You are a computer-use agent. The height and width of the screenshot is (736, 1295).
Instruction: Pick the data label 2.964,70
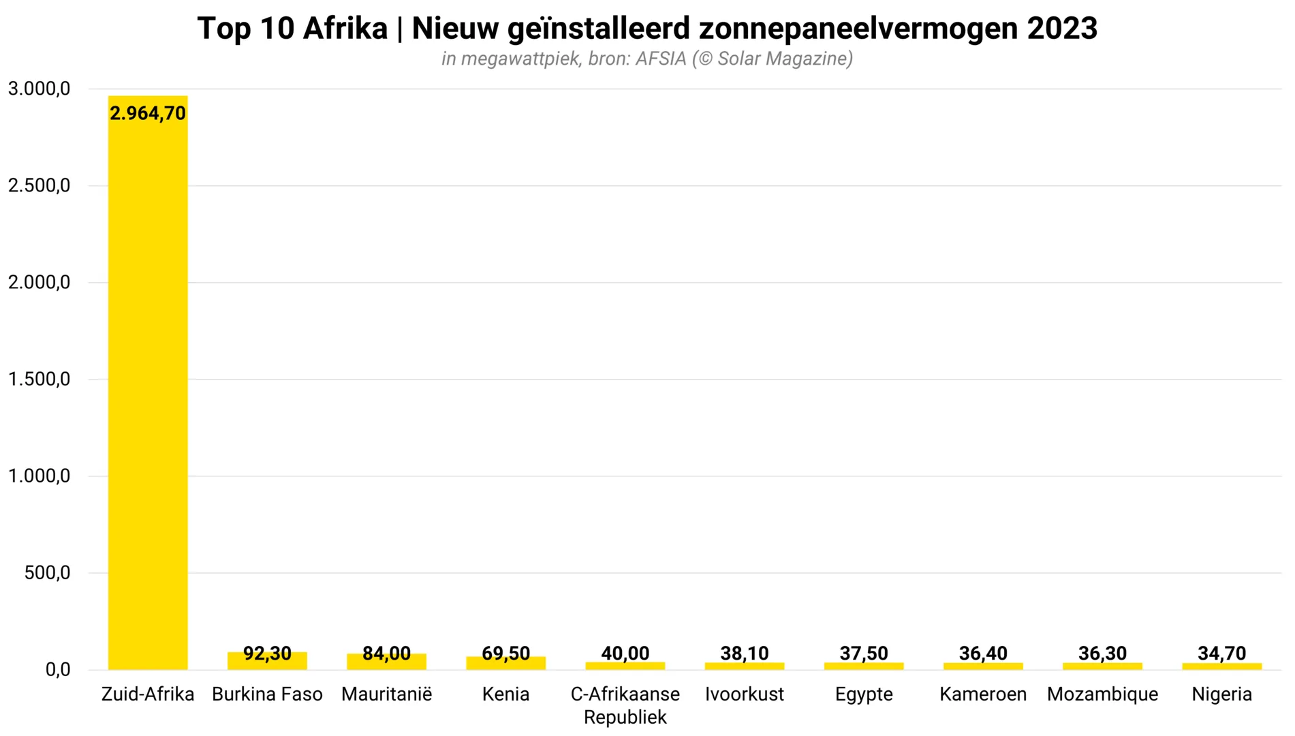pyautogui.click(x=148, y=113)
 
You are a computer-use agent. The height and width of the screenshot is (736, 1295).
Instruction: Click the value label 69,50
pyautogui.click(x=505, y=653)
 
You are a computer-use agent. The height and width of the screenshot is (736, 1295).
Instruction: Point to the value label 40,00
pyautogui.click(x=625, y=653)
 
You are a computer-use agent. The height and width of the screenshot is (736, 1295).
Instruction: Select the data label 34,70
pyautogui.click(x=1221, y=653)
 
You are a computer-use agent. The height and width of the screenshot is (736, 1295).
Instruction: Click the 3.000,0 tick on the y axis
pyautogui.click(x=39, y=89)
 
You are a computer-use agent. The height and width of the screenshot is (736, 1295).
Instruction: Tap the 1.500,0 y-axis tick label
pyautogui.click(x=39, y=379)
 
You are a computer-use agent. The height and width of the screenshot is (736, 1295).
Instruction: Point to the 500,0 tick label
pyautogui.click(x=47, y=572)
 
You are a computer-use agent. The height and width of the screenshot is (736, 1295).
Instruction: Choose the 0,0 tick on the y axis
pyautogui.click(x=57, y=669)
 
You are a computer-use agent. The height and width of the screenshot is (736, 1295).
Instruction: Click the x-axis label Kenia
pyautogui.click(x=505, y=694)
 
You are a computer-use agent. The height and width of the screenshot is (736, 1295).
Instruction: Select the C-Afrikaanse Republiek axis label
pyautogui.click(x=625, y=705)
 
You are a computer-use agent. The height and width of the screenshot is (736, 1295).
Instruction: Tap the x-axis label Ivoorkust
pyautogui.click(x=744, y=694)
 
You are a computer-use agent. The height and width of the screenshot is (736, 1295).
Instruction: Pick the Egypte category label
pyautogui.click(x=864, y=694)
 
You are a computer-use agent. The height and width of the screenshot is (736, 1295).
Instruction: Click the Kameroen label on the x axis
pyautogui.click(x=983, y=694)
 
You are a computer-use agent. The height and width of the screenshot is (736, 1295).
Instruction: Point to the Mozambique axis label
pyautogui.click(x=1102, y=694)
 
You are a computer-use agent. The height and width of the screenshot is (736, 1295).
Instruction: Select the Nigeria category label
pyautogui.click(x=1221, y=694)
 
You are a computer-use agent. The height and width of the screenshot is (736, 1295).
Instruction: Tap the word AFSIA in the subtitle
pyautogui.click(x=661, y=59)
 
